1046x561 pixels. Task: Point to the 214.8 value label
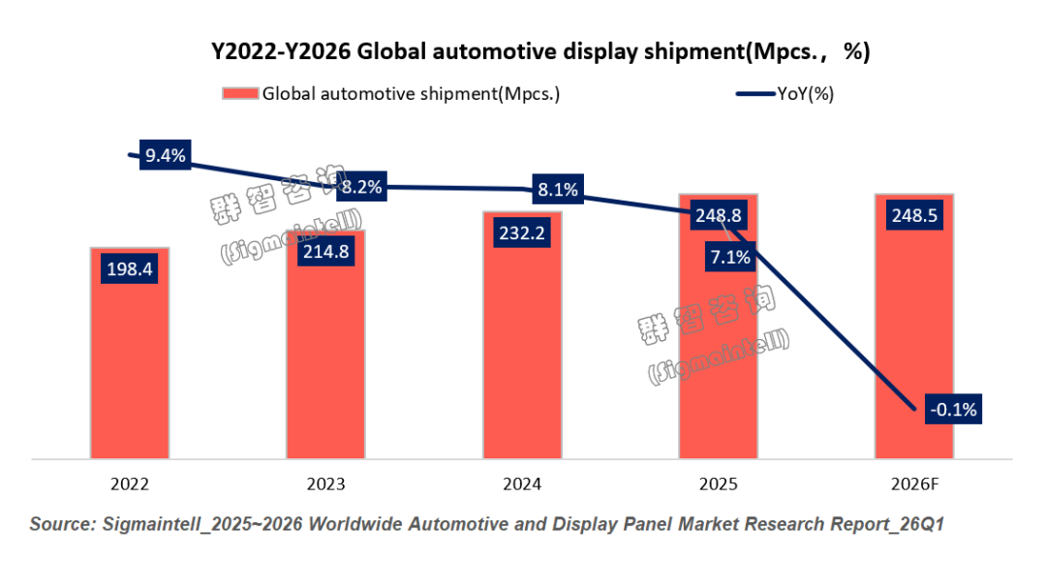325,250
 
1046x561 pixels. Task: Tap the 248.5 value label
914,215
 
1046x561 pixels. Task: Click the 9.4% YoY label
165,155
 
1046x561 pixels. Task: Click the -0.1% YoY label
953,410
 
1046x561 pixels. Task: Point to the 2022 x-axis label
130,483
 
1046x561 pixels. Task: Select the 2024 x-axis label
522,483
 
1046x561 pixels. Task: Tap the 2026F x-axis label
914,483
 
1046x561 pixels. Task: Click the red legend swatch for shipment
240,94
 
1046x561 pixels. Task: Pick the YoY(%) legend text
806,94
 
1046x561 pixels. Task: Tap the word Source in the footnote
63,524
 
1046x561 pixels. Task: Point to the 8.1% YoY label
558,190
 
